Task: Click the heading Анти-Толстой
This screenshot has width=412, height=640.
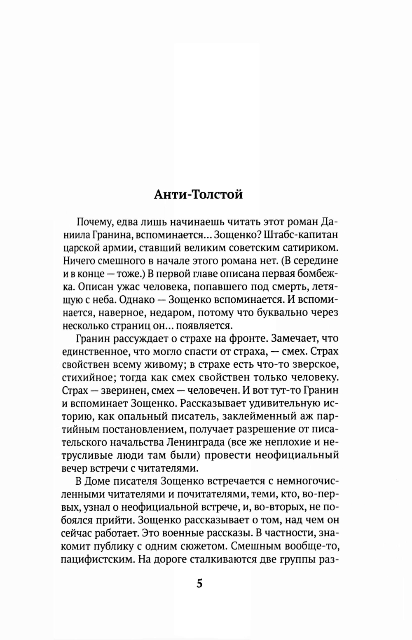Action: click(x=198, y=194)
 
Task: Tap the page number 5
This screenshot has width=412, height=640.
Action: click(x=199, y=584)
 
